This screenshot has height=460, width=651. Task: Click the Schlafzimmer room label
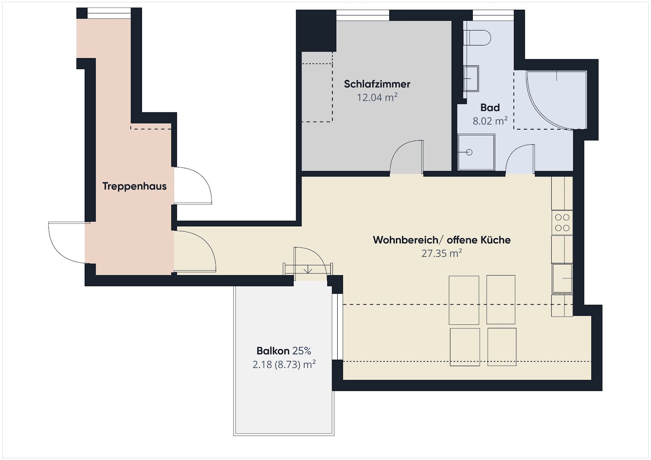coord(377,84)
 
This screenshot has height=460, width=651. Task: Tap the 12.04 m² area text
coord(377,97)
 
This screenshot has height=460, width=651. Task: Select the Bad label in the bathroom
coord(490,107)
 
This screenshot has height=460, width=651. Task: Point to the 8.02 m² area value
coord(490,121)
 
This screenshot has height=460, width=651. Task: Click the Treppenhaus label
coord(134,186)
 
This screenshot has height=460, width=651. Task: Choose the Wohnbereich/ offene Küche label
coord(441,240)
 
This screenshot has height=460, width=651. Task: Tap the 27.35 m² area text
coord(441,253)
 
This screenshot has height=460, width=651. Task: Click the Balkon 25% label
coord(284,351)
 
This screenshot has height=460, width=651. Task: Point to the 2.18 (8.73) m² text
coord(284,364)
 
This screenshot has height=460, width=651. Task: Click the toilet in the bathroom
coord(477,38)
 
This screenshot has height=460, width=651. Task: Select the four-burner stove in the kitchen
coord(562,223)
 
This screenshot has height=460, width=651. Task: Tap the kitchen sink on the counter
coord(562,278)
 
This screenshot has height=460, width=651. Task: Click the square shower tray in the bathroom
coord(476,152)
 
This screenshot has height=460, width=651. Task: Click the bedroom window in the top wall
coord(363,15)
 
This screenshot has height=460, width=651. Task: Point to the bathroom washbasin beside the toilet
coord(471,79)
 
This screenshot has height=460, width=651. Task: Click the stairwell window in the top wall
coord(109,13)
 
